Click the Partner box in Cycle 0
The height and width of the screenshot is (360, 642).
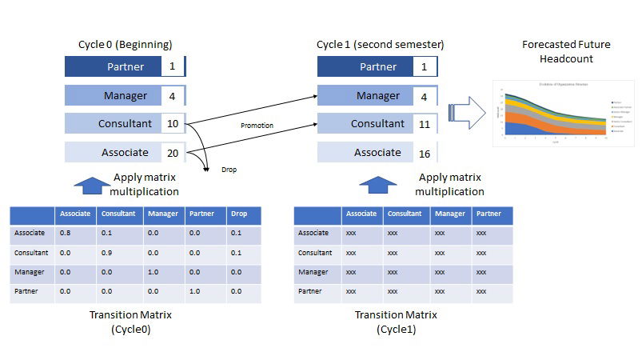[113, 66]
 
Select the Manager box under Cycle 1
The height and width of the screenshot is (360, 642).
[365, 96]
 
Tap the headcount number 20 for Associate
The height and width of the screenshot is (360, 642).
[172, 153]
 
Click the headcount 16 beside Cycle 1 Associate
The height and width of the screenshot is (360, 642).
[425, 153]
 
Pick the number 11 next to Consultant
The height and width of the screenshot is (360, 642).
[425, 124]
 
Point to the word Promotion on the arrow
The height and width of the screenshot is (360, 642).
[257, 126]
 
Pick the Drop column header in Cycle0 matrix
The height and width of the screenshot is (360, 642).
[239, 214]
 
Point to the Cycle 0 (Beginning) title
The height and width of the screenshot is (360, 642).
[125, 44]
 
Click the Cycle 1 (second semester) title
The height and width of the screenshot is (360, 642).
[380, 44]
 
